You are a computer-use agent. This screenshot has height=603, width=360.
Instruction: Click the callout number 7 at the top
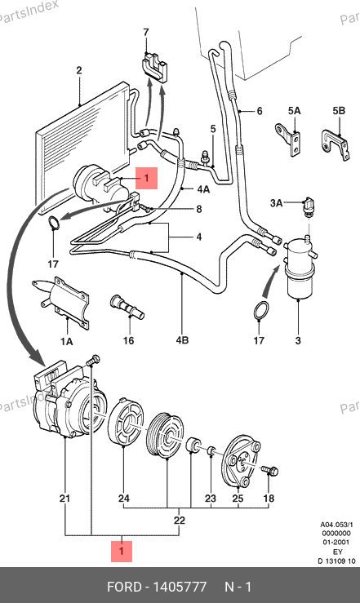click(146, 33)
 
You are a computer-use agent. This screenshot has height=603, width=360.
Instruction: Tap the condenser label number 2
click(79, 70)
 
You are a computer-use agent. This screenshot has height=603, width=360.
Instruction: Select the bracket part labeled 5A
click(289, 140)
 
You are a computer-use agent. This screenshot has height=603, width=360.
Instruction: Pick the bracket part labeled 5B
click(336, 145)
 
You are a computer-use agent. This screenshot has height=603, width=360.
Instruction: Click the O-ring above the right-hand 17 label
click(261, 310)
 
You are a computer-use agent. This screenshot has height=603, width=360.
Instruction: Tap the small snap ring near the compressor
click(54, 223)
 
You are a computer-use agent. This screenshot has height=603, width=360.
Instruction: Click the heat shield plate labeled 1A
click(64, 302)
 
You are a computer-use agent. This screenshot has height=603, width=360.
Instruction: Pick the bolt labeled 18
click(270, 470)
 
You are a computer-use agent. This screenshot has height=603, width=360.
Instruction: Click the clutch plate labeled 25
click(242, 461)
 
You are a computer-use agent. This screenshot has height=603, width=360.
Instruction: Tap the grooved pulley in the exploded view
click(167, 435)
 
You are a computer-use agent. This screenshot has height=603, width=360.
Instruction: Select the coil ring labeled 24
click(126, 422)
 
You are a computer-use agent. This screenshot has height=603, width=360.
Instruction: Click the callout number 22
click(180, 521)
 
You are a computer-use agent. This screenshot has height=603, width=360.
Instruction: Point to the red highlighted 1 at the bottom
click(122, 551)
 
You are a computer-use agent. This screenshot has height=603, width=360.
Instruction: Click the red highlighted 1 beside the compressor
click(146, 178)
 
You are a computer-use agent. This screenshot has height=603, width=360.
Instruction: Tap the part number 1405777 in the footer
click(180, 587)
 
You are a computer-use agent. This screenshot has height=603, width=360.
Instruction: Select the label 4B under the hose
click(182, 340)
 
